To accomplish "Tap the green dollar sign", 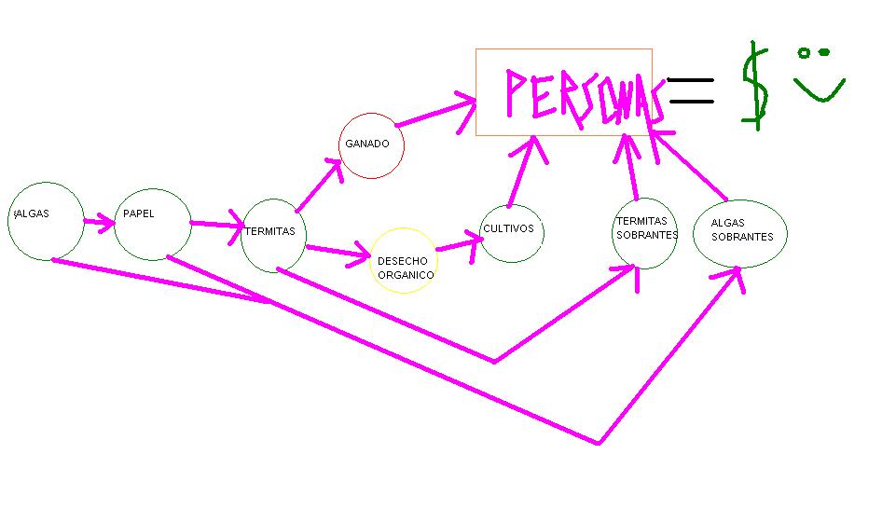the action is point(756,86).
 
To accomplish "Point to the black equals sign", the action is point(690,90).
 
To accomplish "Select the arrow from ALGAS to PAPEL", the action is point(99,222).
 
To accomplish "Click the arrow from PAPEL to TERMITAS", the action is point(217,225).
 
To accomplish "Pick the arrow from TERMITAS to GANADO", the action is point(319,186).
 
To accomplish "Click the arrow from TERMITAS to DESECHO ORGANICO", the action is point(338,252).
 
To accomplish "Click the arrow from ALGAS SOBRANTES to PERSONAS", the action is point(689,165).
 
